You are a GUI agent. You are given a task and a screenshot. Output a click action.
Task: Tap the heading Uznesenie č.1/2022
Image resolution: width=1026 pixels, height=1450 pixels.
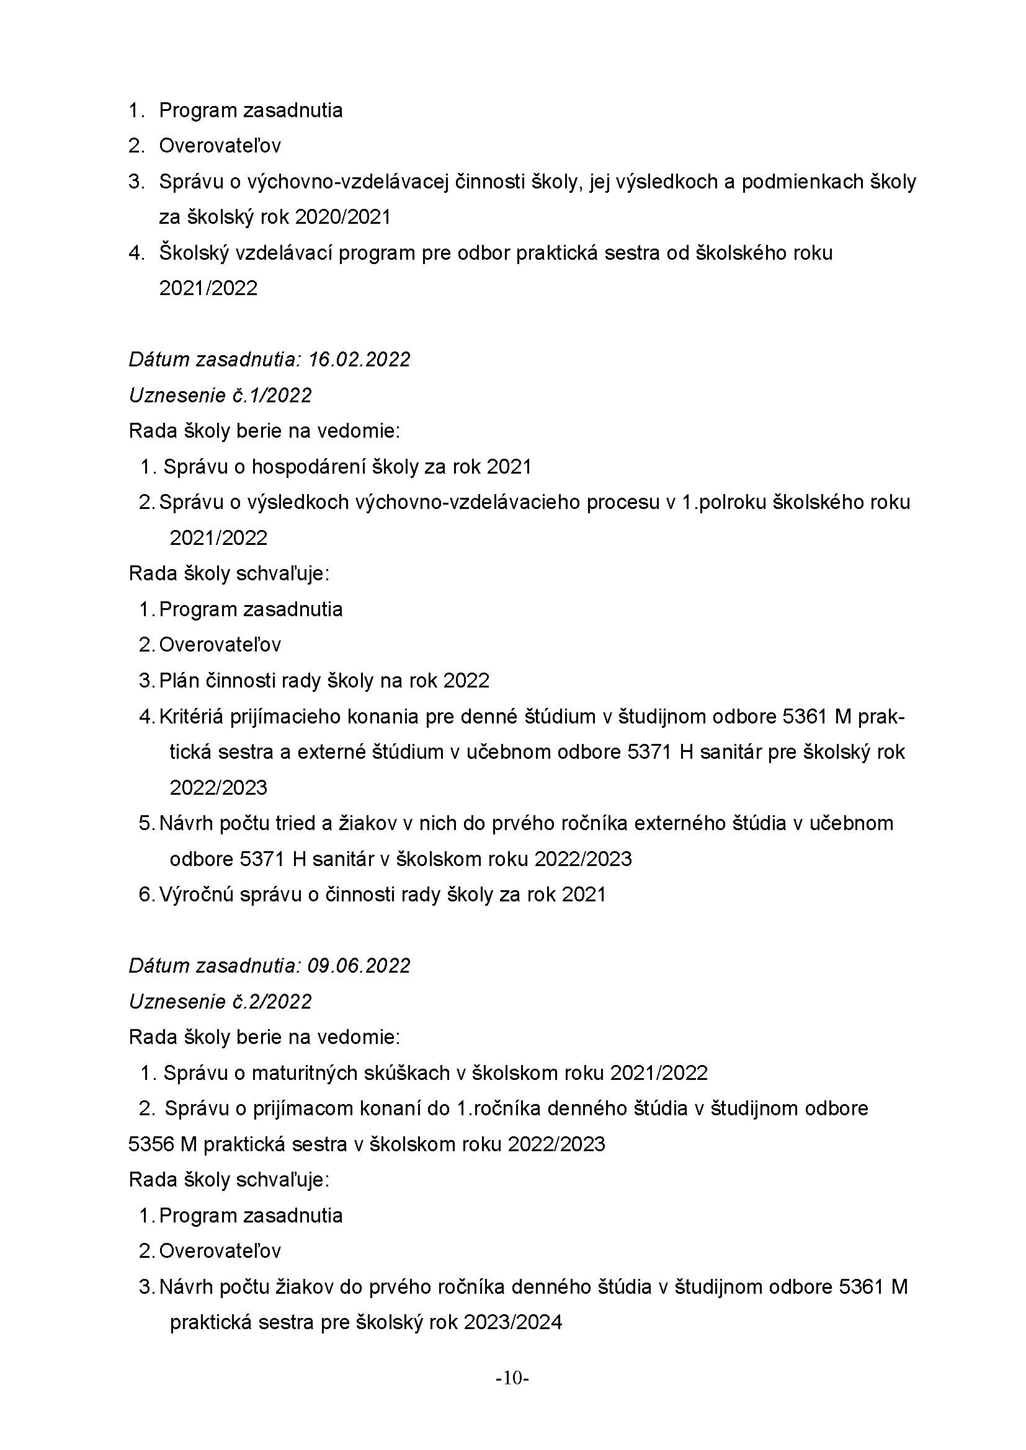tap(220, 396)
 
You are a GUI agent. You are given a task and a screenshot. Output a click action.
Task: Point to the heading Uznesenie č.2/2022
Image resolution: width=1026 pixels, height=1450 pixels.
tap(220, 1002)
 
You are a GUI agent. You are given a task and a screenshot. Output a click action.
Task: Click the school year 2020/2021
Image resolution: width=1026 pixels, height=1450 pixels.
tap(343, 217)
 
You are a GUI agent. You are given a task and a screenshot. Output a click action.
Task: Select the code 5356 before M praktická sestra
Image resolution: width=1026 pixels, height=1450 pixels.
tap(151, 1144)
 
